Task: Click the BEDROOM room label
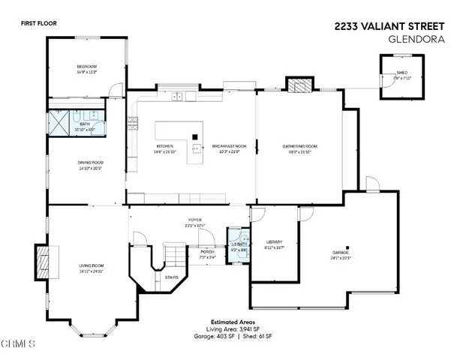(x=88, y=67)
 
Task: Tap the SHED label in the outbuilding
(x=402, y=73)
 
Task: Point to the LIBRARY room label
(x=274, y=241)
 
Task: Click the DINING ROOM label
(x=90, y=162)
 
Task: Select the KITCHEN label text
(x=165, y=145)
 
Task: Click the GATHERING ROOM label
(x=300, y=145)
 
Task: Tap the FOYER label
(x=195, y=220)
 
